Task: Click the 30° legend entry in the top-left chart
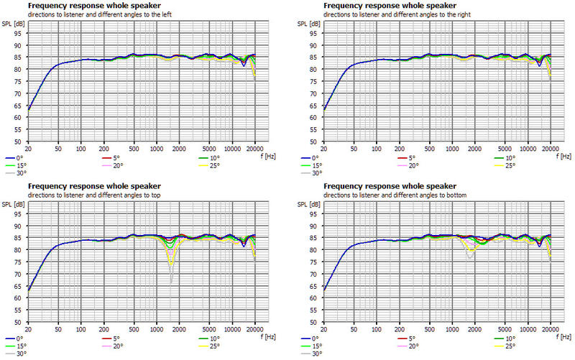(16, 172)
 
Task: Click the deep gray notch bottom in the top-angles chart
(171, 284)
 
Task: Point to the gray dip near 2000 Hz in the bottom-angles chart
(469, 257)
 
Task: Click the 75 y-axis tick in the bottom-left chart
(20, 264)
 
